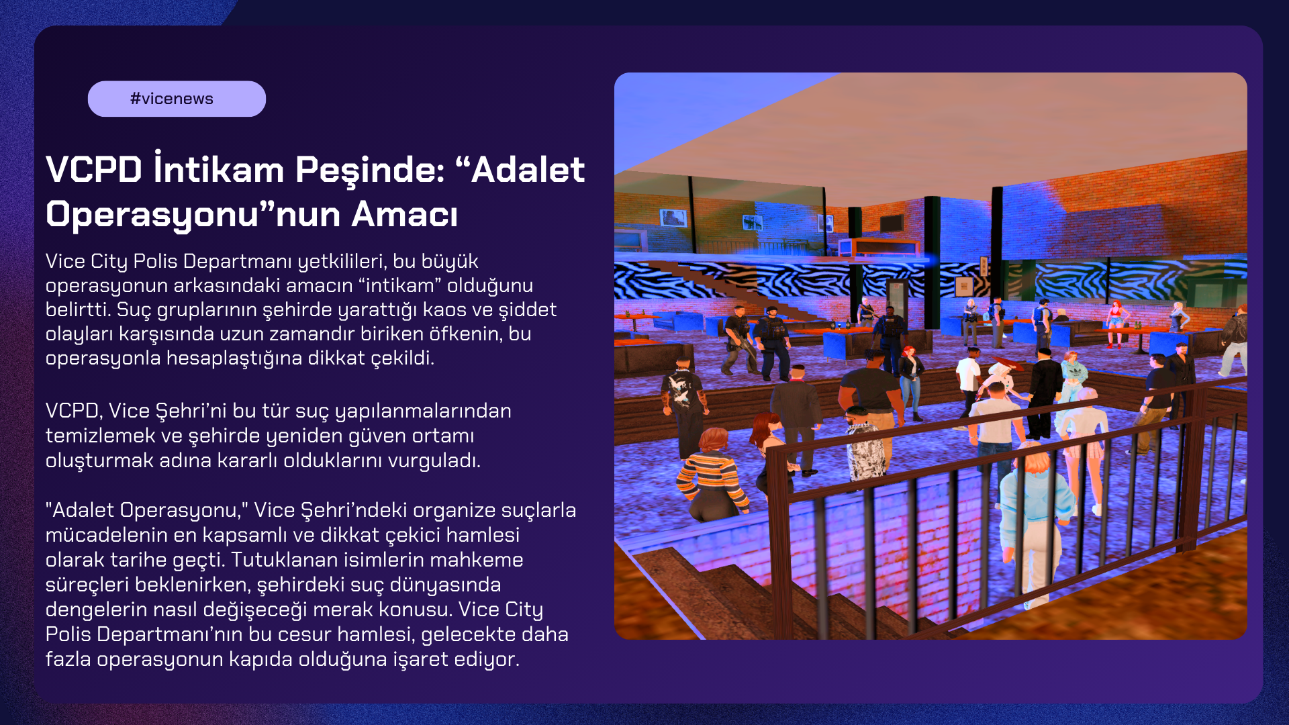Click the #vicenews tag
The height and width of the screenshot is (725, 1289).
(177, 99)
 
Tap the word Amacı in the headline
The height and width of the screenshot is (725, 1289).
(404, 214)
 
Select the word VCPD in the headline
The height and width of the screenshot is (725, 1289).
(94, 169)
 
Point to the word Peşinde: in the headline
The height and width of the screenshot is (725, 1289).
(370, 170)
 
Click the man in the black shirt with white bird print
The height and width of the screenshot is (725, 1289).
(683, 403)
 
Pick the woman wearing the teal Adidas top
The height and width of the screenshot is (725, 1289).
(1073, 376)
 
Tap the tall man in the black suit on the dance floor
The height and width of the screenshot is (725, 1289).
(1043, 393)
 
